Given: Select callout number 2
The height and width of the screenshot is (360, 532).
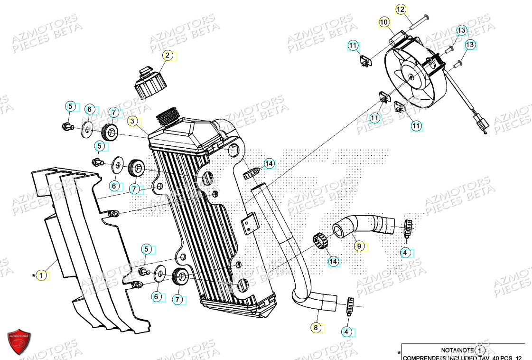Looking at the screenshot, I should [167, 56].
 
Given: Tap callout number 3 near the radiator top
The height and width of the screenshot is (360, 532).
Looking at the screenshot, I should [134, 122].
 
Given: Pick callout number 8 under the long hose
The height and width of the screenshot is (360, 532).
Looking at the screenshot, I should [317, 327].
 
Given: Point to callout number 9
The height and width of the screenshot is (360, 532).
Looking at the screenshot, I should [359, 246].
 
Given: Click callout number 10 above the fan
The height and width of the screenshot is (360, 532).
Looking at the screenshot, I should [384, 22].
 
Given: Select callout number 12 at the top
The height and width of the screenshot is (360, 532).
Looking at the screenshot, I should [401, 9].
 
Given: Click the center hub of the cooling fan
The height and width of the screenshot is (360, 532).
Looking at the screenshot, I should [411, 76].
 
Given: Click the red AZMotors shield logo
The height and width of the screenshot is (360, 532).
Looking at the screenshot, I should [19, 341].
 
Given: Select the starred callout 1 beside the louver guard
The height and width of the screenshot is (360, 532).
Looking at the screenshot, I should [42, 275].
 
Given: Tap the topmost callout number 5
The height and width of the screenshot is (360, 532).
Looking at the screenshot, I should [70, 106].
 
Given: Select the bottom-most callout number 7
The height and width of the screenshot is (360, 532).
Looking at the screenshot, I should [178, 299].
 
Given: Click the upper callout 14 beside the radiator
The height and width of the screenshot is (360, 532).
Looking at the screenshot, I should [269, 164].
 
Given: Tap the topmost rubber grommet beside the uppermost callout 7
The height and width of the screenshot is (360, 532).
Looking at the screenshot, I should [111, 132].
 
